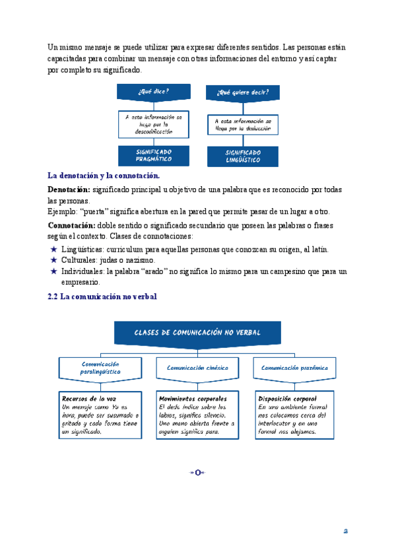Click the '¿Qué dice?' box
pos(154,91)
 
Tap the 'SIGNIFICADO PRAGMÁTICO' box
pos(154,155)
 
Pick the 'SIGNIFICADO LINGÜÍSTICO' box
pos(242,157)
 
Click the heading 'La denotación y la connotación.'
pos(104,176)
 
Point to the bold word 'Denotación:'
pos(69,190)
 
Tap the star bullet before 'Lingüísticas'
pos(53,250)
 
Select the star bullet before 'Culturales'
pos(53,260)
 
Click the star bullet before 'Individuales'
pos(53,271)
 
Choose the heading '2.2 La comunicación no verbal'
pos(102,297)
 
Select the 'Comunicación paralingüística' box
pos(100,368)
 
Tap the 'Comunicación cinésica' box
pos(197,368)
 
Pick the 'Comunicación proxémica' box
pos(294,368)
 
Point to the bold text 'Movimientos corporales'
pos(193,399)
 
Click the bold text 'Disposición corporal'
pos(287,399)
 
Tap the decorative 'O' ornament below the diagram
pos(197,472)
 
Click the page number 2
pos(345,530)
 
